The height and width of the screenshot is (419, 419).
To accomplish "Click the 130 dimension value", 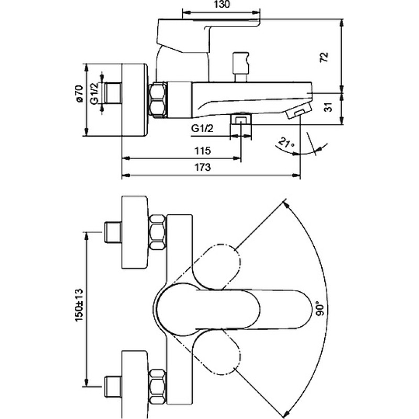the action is tap(222, 5).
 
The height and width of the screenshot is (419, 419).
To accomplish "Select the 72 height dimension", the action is tap(324, 57).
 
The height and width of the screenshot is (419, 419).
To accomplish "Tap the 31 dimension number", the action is tap(329, 107).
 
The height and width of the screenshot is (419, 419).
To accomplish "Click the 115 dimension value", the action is tap(203, 151).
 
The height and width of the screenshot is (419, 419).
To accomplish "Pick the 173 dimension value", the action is tap(202, 167).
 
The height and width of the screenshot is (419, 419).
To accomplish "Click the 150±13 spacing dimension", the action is tap(80, 305).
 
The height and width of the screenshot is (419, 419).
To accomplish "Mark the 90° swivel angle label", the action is tap(321, 308).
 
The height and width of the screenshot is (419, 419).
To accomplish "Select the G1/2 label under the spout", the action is tap(203, 129).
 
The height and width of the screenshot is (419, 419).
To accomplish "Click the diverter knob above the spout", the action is tap(241, 67).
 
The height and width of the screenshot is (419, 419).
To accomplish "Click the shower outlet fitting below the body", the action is tap(241, 119).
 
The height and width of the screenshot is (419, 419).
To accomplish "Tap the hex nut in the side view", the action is tap(158, 100).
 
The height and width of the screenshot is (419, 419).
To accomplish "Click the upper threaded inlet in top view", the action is tap(113, 232).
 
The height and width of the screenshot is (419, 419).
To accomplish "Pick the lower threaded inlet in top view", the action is tap(113, 387).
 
